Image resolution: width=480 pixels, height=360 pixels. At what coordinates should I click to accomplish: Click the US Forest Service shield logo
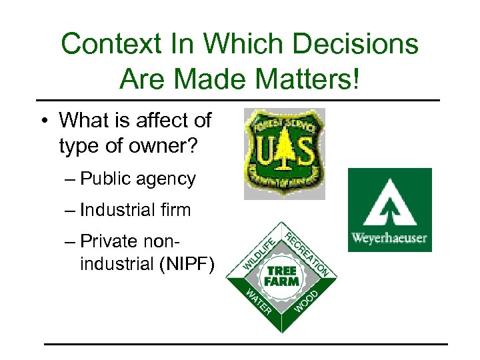(284, 153)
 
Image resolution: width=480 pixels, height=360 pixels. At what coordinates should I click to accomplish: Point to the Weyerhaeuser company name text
(390, 238)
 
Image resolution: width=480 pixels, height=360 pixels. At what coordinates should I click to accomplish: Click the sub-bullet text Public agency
(137, 179)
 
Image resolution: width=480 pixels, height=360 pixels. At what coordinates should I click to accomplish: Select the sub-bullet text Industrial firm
(135, 210)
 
